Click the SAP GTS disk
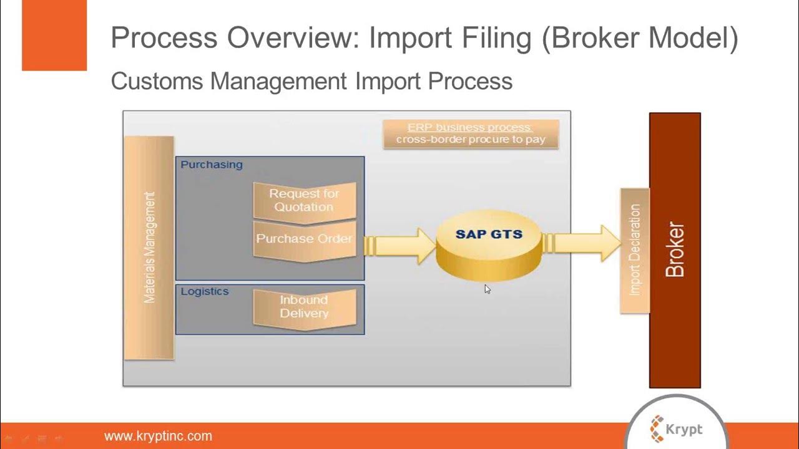click(x=489, y=246)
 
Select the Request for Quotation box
click(x=304, y=200)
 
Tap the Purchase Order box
click(x=304, y=239)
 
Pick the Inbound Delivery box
click(x=304, y=307)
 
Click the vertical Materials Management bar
click(x=149, y=248)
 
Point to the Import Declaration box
click(x=635, y=249)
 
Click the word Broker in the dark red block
click(x=675, y=249)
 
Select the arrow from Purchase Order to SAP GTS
click(x=399, y=245)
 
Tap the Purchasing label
click(x=212, y=165)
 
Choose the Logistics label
click(x=205, y=291)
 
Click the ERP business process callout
click(x=471, y=133)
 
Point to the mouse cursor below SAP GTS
click(x=488, y=289)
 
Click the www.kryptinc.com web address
click(x=158, y=436)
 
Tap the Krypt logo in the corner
click(x=677, y=429)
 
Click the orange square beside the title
click(x=54, y=36)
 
